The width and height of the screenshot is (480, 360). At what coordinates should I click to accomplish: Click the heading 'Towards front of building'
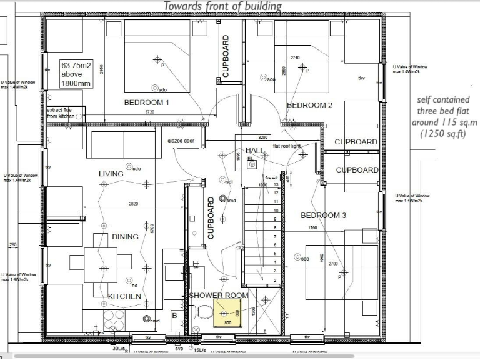click(222, 6)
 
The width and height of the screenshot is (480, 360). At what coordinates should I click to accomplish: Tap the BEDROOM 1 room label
click(147, 102)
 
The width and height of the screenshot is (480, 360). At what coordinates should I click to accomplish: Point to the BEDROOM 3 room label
click(324, 215)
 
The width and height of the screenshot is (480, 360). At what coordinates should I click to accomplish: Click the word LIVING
click(111, 174)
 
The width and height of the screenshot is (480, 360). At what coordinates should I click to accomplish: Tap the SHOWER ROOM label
click(219, 295)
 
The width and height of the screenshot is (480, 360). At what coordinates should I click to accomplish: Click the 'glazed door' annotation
click(181, 141)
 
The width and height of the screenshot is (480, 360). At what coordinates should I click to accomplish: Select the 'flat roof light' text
click(287, 146)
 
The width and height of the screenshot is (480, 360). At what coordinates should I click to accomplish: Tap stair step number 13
click(275, 185)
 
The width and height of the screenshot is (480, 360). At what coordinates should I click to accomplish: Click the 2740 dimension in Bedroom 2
click(295, 57)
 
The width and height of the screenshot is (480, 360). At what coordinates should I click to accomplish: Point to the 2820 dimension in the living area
click(133, 204)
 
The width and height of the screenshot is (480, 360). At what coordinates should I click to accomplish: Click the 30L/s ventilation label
click(118, 348)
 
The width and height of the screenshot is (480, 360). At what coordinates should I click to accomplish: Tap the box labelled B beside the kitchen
click(174, 316)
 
